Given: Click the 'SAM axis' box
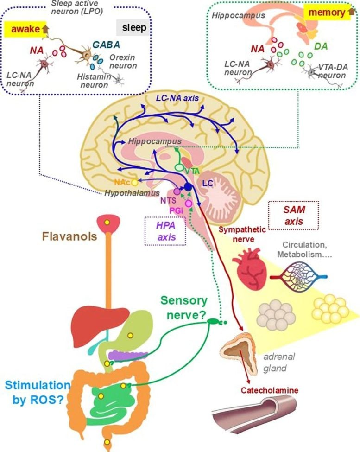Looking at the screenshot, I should tap(293, 216).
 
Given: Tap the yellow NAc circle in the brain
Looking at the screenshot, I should tap(135, 183).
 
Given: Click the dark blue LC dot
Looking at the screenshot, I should tap(188, 187).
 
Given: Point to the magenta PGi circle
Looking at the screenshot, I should tap(188, 203).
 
